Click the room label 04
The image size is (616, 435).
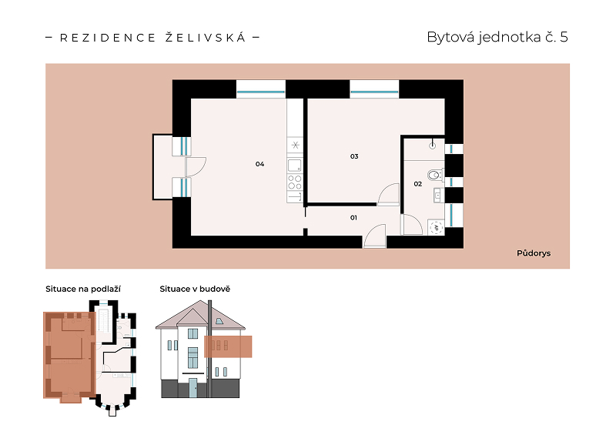(259, 164)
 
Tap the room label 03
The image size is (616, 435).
(354, 156)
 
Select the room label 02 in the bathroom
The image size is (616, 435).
(417, 184)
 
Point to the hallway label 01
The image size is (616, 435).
(353, 218)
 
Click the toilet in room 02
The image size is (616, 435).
(435, 175)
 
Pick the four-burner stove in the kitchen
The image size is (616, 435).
(295, 182)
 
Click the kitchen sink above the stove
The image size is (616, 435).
(295, 166)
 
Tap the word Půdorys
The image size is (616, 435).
(534, 253)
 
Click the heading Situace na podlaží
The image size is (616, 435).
(83, 289)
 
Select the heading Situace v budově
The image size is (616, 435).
(195, 289)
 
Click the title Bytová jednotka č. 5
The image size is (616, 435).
(497, 37)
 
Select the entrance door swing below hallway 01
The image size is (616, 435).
(374, 236)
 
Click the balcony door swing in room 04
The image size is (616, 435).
(196, 166)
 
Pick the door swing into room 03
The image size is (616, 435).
(388, 194)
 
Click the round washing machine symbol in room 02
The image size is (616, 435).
(436, 228)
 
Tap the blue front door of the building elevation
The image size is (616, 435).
(193, 388)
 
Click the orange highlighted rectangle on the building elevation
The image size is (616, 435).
(228, 346)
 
